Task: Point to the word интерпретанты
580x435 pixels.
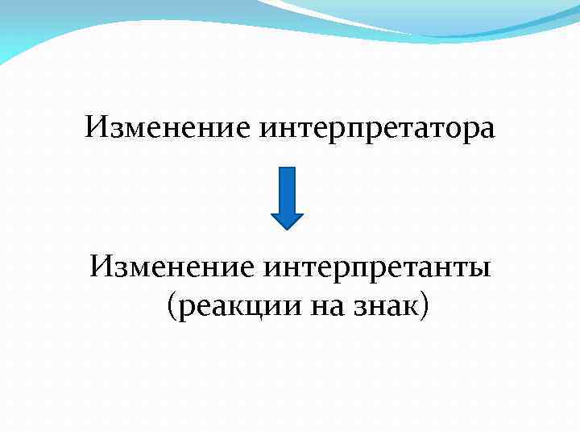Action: [378, 266]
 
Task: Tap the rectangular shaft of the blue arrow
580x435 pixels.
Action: [286, 189]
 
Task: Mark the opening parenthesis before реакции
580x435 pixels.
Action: [171, 305]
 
